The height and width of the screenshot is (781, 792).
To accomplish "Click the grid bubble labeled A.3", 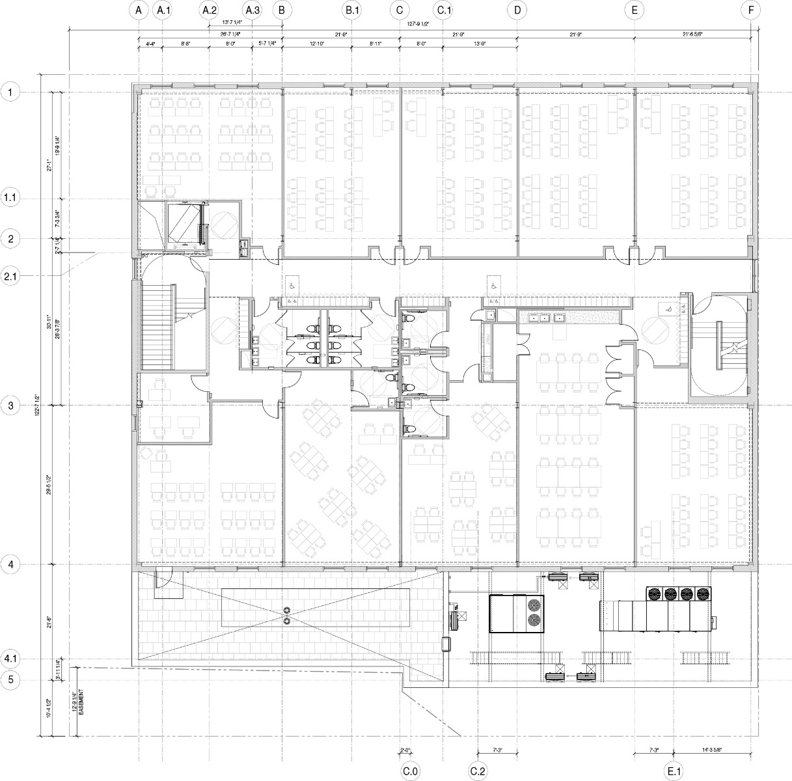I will tap(253, 10).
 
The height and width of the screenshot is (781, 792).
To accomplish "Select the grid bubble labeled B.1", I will tap(352, 10).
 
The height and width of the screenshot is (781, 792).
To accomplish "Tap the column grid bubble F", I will tap(752, 10).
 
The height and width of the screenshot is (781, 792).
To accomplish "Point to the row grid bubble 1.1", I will tap(10, 198).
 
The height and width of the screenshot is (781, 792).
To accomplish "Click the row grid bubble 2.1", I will tap(10, 277).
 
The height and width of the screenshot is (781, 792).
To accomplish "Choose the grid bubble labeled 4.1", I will tap(10, 659).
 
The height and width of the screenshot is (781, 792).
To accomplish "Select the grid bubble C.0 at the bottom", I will tap(409, 771).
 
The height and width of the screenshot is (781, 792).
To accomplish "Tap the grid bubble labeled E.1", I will tap(674, 771).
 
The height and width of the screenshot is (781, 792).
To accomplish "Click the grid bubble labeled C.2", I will tap(478, 771).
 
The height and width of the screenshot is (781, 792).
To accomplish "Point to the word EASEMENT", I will tap(81, 704).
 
